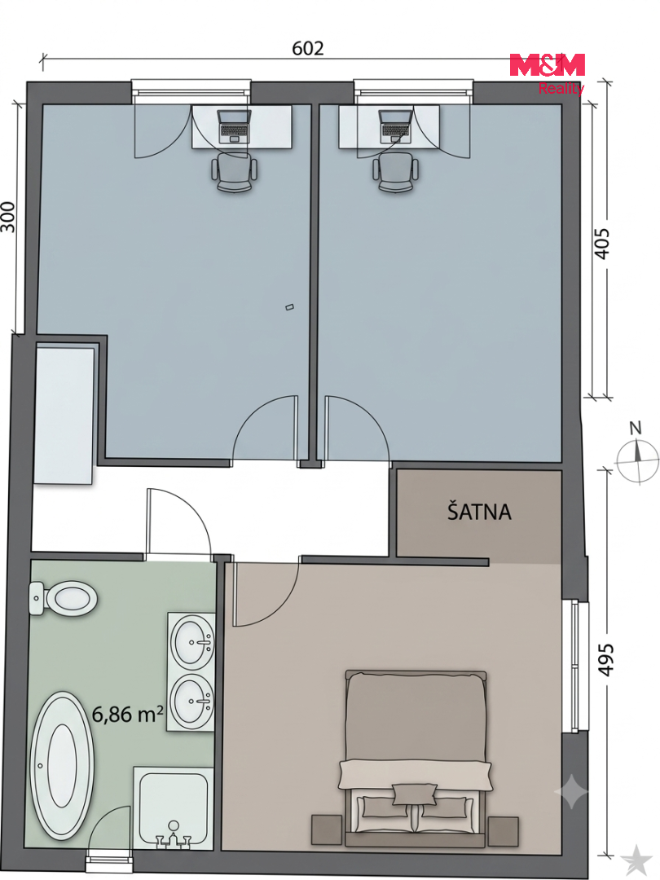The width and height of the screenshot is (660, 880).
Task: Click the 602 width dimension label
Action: click(x=307, y=48)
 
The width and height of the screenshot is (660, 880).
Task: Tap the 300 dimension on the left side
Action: click(x=7, y=217)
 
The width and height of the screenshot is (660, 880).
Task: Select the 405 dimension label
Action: click(x=601, y=243)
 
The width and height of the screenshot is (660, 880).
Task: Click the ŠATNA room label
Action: click(x=479, y=511)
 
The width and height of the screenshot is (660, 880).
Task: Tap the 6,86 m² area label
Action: click(x=127, y=714)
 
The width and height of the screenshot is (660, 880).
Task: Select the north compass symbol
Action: click(x=636, y=454)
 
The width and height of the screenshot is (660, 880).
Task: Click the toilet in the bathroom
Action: click(x=63, y=599)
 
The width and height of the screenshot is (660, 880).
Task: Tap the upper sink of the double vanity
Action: click(x=192, y=641)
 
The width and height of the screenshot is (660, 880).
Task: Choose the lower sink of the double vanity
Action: click(x=192, y=702)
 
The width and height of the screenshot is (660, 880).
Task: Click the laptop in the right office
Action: click(x=396, y=125)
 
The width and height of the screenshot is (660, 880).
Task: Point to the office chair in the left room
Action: click(x=234, y=174)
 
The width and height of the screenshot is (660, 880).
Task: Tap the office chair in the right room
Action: click(x=396, y=173)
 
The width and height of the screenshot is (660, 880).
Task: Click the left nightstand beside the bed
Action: click(x=327, y=830)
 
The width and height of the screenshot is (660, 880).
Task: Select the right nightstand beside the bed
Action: click(x=503, y=831)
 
